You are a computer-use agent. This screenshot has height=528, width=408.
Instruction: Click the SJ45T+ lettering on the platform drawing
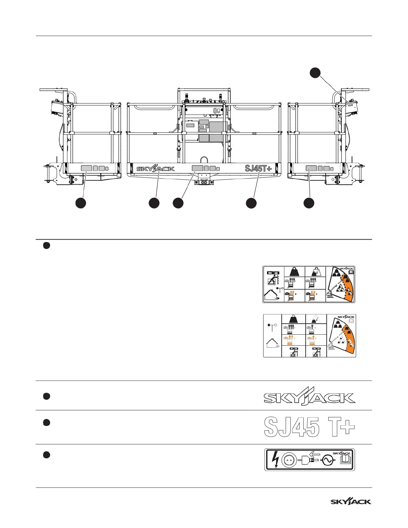(x=258, y=168)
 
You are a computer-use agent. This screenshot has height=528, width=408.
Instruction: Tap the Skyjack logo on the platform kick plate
(x=155, y=168)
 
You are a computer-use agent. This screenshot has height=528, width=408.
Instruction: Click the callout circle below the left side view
(x=80, y=203)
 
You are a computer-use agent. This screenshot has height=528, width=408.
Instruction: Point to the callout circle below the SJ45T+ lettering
(x=251, y=203)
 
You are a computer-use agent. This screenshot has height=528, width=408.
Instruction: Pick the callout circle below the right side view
(x=309, y=203)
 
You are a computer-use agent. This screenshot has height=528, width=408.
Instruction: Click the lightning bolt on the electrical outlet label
(x=275, y=460)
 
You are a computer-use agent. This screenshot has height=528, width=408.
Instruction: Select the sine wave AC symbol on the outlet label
(x=328, y=460)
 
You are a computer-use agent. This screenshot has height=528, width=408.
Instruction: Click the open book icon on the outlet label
(x=345, y=460)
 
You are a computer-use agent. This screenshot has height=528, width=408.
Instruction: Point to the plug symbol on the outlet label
(x=309, y=460)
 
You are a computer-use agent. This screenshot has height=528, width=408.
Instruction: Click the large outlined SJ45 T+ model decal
(x=309, y=427)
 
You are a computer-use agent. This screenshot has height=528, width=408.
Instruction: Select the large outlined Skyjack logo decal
(x=309, y=396)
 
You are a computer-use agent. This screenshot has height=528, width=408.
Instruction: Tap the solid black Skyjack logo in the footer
(x=351, y=501)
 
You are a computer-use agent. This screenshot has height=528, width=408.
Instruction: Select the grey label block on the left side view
(x=86, y=168)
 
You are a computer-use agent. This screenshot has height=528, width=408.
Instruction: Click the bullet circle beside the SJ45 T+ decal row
(x=47, y=423)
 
